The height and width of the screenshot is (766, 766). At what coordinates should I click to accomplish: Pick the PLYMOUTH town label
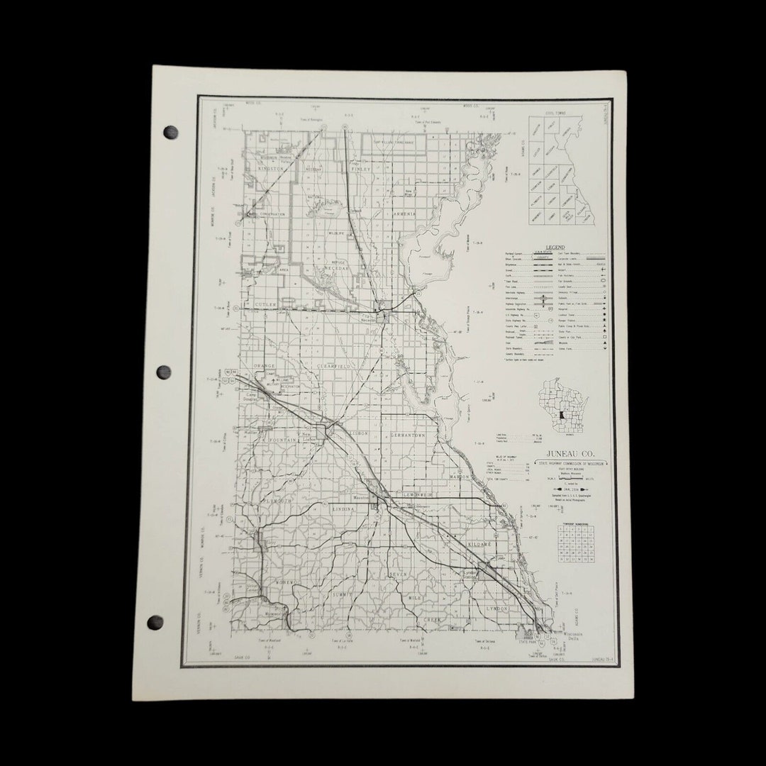pyautogui.click(x=278, y=500)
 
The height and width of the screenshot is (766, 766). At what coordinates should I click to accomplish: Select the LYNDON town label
pyautogui.click(x=498, y=609)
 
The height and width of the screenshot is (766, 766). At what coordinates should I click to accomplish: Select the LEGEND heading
pyautogui.click(x=556, y=247)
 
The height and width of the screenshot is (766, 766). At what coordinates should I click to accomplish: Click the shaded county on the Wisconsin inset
pyautogui.click(x=560, y=414)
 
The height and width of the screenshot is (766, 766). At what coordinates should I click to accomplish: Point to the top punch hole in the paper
pyautogui.click(x=170, y=131)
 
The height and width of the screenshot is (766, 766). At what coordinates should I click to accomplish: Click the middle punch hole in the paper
pyautogui.click(x=163, y=372)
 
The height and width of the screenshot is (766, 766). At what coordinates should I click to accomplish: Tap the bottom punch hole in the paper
pyautogui.click(x=155, y=622)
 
